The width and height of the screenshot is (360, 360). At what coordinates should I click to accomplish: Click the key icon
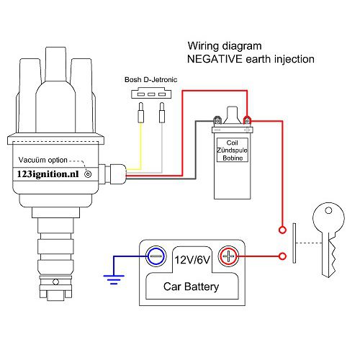[328, 241]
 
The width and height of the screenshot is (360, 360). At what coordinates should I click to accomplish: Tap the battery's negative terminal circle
[155, 256]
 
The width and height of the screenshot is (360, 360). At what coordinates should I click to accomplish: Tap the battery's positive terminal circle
[228, 256]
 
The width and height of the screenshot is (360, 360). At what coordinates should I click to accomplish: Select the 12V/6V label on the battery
[191, 257]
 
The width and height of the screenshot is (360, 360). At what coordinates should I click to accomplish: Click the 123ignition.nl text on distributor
[49, 174]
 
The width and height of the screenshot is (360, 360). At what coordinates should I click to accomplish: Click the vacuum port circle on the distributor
[88, 174]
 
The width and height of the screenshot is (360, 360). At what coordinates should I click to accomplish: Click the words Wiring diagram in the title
[222, 45]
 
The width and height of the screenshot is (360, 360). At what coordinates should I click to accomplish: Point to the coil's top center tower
[232, 114]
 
